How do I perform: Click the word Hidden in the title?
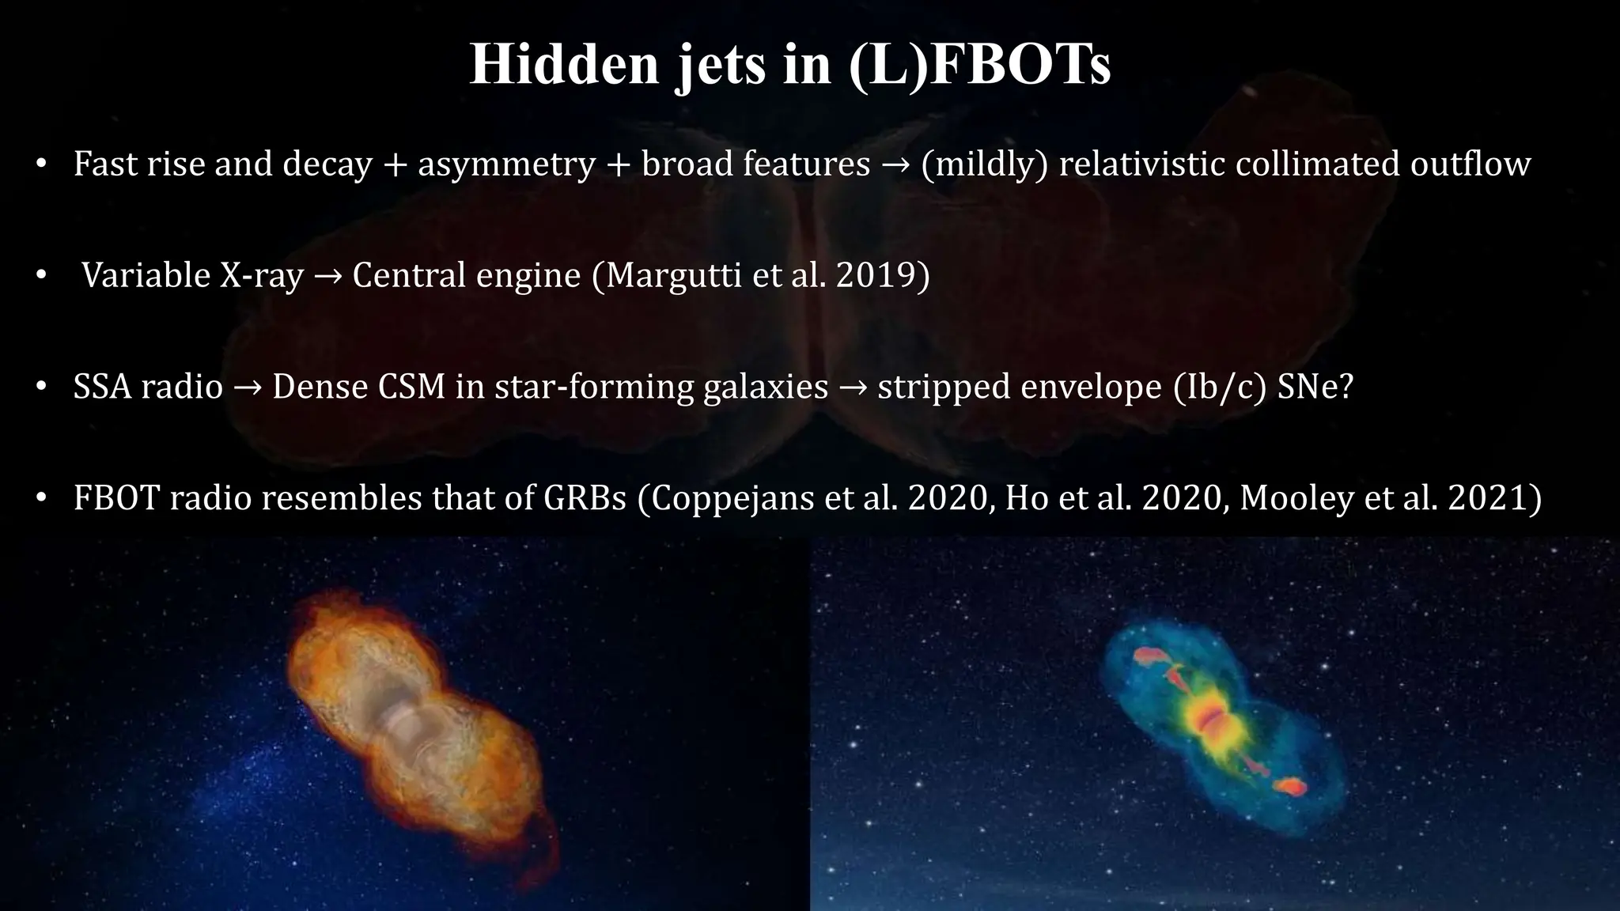(x=564, y=64)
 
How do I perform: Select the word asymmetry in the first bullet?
(x=506, y=164)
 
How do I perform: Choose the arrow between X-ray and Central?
(x=327, y=277)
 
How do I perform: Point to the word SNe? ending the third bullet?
(x=1315, y=387)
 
